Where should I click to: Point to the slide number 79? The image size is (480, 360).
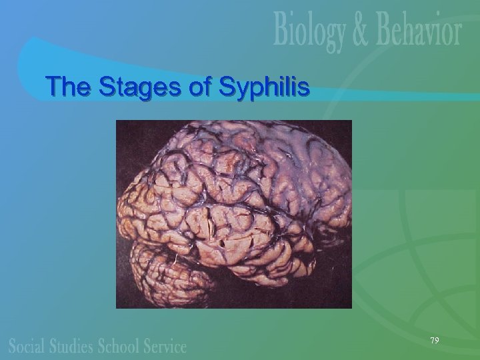point(434,341)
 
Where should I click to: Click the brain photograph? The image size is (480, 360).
point(233,213)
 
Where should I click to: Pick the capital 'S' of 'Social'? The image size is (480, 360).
point(13,346)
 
